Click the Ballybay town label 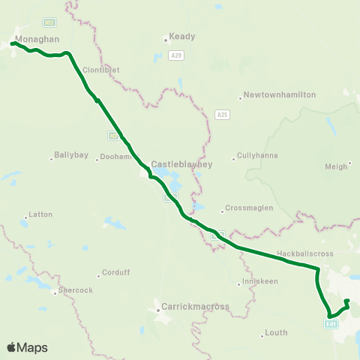(71, 156)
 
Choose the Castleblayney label (182, 163)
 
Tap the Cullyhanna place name (257, 156)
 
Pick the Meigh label (337, 166)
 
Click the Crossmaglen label (250, 209)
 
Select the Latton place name (40, 214)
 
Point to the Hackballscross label (304, 253)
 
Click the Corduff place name (115, 273)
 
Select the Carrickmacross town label (196, 307)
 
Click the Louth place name (275, 333)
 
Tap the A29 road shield (176, 55)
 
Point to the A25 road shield (221, 114)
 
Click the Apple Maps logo (27, 347)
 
